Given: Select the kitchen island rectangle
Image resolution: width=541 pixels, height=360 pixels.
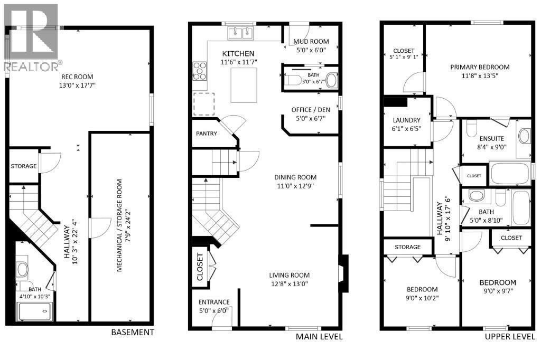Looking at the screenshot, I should (x=244, y=88).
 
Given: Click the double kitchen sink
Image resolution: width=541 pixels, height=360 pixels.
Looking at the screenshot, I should (x=240, y=33).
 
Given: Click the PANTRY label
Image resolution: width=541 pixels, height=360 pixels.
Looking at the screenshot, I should (x=206, y=134).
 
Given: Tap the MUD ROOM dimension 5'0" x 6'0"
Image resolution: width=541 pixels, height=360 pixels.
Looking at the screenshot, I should (x=311, y=50).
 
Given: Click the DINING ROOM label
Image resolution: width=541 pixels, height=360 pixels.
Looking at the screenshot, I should (x=295, y=177).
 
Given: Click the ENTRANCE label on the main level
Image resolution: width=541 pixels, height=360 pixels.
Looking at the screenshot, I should (x=214, y=302).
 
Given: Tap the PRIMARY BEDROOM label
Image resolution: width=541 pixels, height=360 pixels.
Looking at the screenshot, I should (x=480, y=67).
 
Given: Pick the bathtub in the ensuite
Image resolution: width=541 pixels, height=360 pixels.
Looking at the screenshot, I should (x=510, y=174).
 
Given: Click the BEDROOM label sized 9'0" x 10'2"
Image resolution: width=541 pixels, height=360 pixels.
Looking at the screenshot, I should (x=422, y=289).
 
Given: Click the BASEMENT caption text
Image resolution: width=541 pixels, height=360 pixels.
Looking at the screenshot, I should (x=132, y=332).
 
